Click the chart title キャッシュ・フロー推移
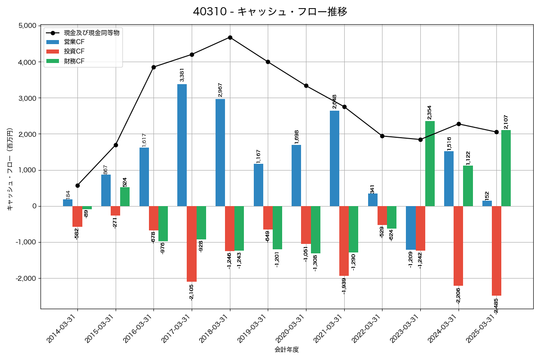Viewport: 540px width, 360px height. tap(270, 12)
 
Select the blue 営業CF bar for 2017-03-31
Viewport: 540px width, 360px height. tap(182, 145)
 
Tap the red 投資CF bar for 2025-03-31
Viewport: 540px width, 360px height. tap(496, 251)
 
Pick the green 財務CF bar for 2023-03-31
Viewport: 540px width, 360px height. tap(430, 163)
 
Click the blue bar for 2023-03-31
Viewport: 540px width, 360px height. tap(410, 228)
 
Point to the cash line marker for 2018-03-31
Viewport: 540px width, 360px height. tap(230, 37)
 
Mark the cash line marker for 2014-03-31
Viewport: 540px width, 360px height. tap(77, 185)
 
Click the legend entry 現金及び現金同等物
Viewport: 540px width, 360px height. tap(91, 33)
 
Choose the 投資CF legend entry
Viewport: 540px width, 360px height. tap(74, 51)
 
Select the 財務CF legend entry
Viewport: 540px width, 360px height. tap(74, 61)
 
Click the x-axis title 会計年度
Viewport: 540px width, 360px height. tap(287, 350)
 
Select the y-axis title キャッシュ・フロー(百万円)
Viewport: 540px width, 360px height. tap(10, 170)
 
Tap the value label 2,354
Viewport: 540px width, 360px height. tap(430, 112)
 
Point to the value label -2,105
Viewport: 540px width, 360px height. tap(192, 292)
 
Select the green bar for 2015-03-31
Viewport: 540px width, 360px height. tap(125, 197)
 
